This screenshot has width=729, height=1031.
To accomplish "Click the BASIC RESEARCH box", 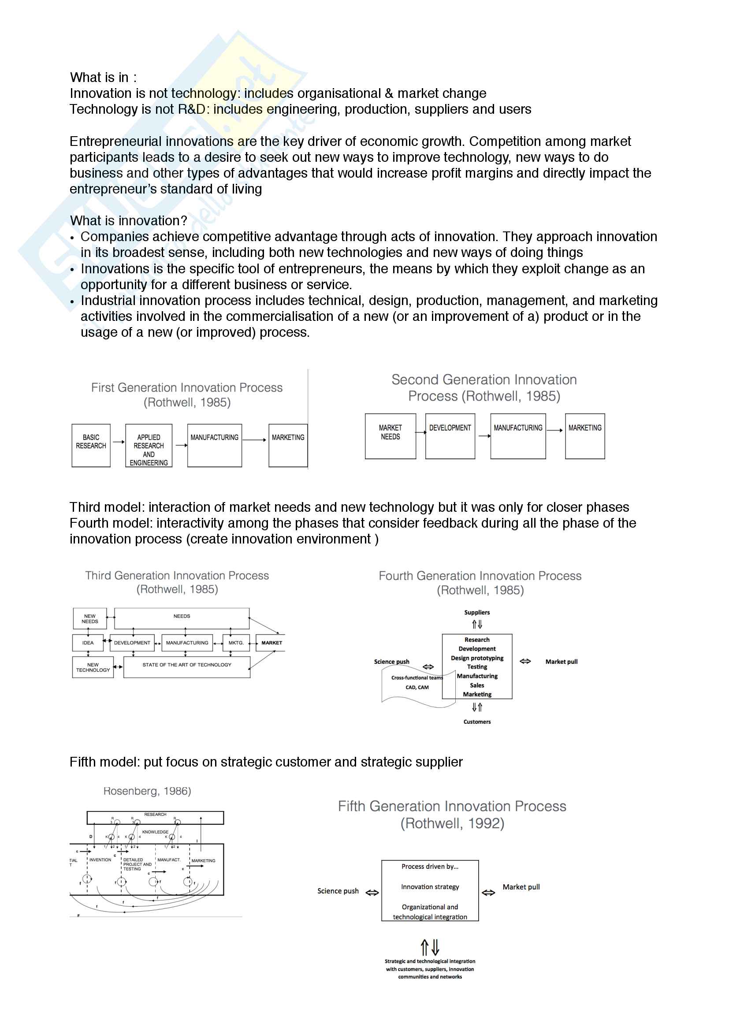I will point(91,445).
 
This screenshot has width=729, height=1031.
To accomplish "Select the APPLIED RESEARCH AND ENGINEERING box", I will point(149,445).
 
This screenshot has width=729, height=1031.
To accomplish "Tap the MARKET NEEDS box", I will point(390,436).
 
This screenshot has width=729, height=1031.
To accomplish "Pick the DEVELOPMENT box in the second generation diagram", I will point(450,436).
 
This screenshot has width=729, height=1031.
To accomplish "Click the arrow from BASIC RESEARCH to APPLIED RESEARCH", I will point(118,442).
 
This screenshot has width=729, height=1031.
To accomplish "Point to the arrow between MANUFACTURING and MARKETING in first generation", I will point(254,440).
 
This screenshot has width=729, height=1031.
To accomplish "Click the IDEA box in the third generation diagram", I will point(88,643).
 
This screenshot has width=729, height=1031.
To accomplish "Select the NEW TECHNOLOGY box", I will point(93,667).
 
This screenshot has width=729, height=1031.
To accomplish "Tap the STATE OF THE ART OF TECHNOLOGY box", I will point(187,667).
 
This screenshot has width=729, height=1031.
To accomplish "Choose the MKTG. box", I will point(236,643).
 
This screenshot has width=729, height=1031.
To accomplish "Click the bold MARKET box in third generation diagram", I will point(272,643).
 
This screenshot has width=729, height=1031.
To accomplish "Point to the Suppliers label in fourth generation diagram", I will point(477,613).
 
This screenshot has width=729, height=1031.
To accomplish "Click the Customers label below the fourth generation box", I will point(477,722).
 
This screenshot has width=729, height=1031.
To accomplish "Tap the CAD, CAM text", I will point(417,688).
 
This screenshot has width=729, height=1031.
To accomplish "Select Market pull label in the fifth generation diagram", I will point(521,887).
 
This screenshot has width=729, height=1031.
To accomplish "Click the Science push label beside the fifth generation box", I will point(338,891).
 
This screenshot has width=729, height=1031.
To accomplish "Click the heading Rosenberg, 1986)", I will point(147,791).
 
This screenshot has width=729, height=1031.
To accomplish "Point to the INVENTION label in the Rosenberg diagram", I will point(100,860).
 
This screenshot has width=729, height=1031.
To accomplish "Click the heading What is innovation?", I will point(128,220).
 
